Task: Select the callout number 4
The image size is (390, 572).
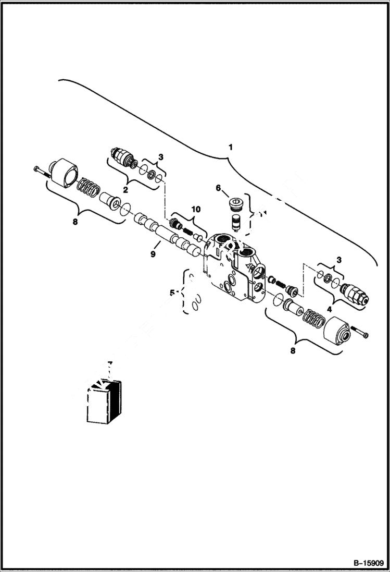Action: click(x=329, y=309)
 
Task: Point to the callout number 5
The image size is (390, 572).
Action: click(x=171, y=293)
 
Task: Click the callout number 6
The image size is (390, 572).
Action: click(x=219, y=188)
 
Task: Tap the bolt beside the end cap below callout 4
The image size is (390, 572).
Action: click(x=360, y=332)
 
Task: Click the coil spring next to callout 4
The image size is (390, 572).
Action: click(x=313, y=319)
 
